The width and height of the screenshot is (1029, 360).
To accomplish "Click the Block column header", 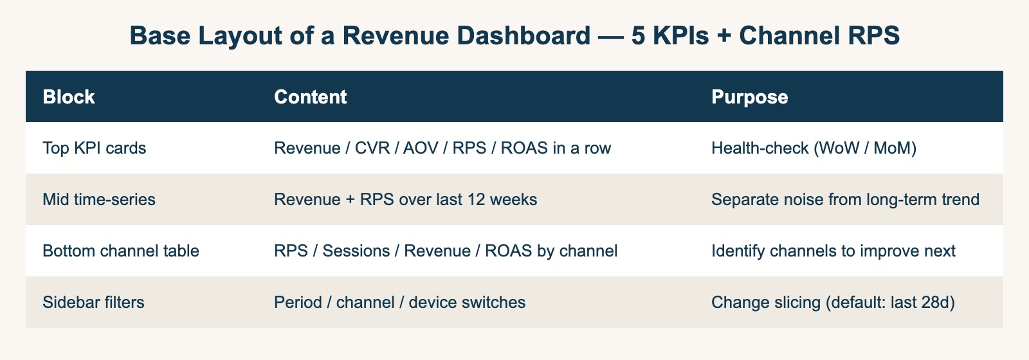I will (x=68, y=97).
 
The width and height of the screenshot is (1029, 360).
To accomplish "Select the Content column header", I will (x=310, y=97).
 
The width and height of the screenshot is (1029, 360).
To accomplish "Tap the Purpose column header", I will (x=749, y=97).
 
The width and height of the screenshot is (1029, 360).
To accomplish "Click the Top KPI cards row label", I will (x=94, y=148).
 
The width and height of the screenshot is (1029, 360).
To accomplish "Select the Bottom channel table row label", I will (x=120, y=251).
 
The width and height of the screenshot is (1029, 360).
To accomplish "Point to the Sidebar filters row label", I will (x=93, y=302).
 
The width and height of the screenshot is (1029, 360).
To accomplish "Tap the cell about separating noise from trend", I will (x=845, y=199).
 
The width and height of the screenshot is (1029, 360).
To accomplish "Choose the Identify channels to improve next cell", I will (x=833, y=251).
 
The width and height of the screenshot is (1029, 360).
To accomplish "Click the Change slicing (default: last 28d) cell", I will (x=833, y=302).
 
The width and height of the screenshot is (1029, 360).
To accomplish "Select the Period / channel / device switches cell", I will (x=399, y=302).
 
